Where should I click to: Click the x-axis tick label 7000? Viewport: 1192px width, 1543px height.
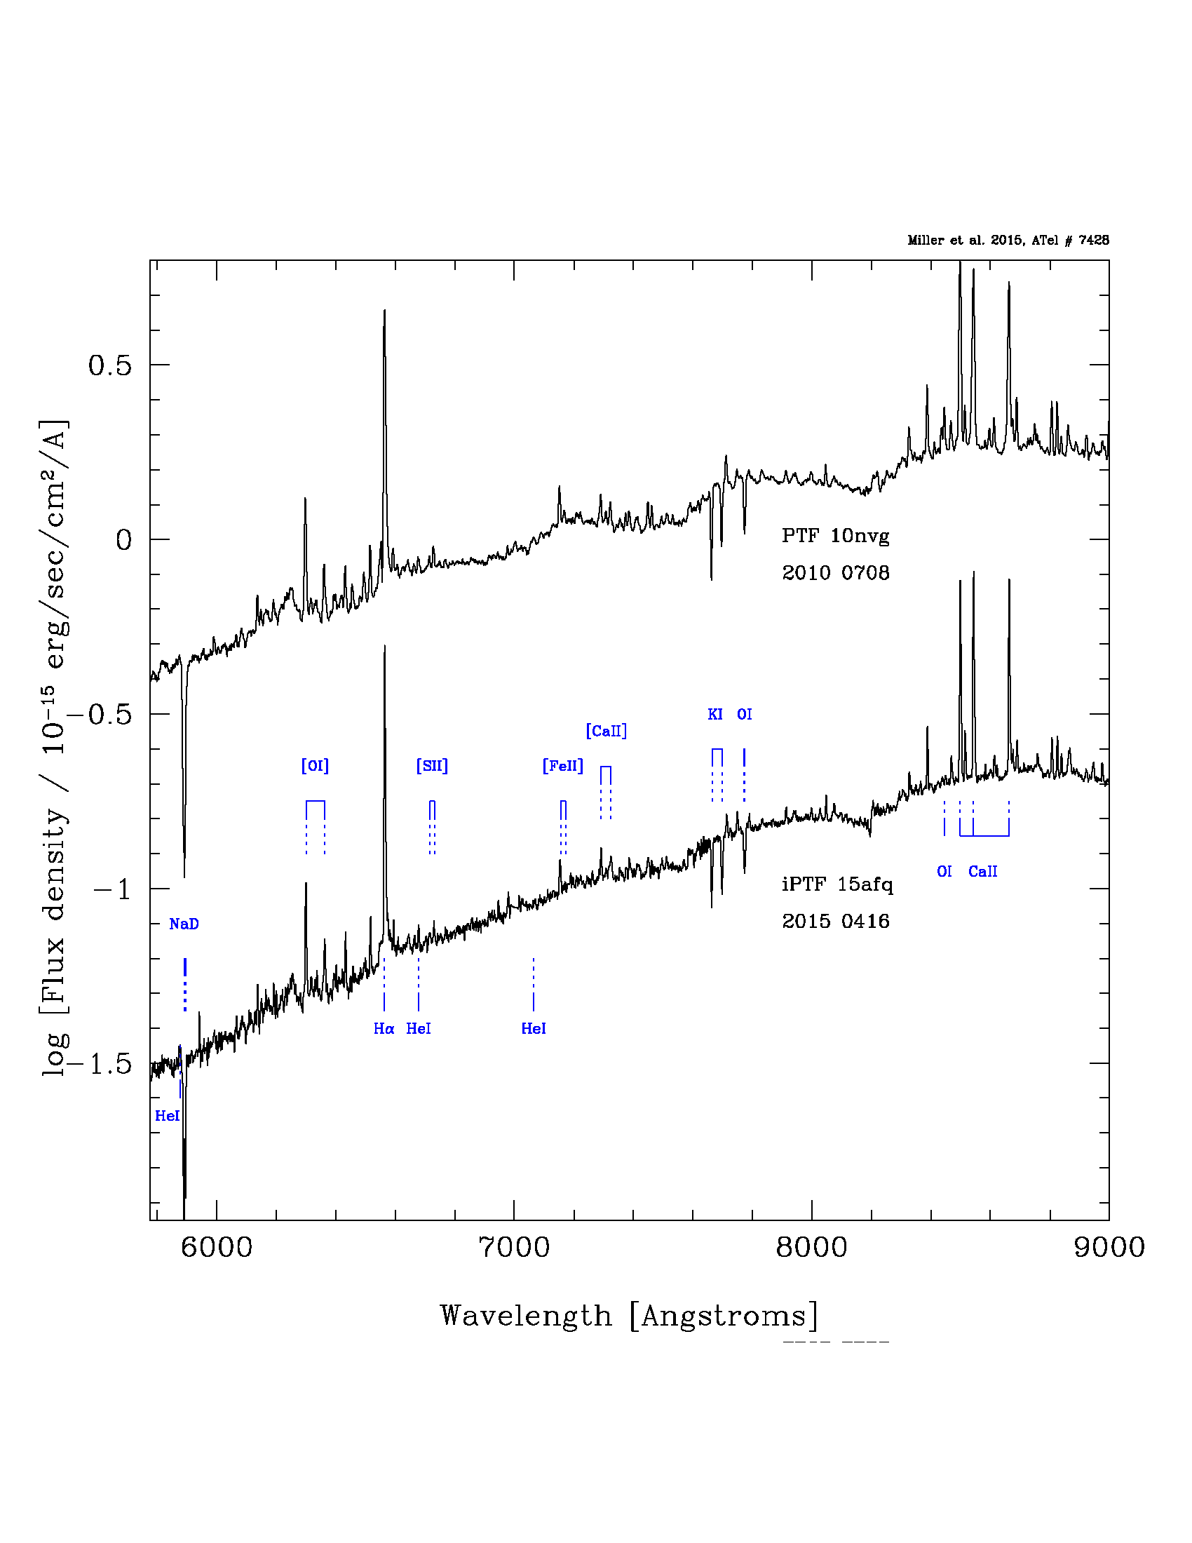(x=513, y=1247)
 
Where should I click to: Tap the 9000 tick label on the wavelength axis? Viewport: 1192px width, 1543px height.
(x=1109, y=1247)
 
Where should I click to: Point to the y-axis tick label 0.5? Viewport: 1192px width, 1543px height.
(x=109, y=365)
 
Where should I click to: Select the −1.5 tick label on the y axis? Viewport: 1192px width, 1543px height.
(x=101, y=1063)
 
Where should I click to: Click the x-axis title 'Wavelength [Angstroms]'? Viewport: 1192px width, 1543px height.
(x=628, y=1316)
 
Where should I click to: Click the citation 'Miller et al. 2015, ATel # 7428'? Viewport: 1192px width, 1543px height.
(x=1008, y=240)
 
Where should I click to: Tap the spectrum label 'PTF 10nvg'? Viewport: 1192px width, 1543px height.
(x=835, y=536)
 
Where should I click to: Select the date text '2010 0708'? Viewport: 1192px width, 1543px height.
(x=835, y=572)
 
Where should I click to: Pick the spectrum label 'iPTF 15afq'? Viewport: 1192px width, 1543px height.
(x=837, y=884)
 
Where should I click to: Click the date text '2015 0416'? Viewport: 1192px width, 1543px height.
(x=835, y=922)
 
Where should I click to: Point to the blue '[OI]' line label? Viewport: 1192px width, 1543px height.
(x=315, y=765)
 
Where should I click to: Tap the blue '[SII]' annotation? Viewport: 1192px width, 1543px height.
(x=432, y=765)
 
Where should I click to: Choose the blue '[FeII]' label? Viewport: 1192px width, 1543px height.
(x=563, y=765)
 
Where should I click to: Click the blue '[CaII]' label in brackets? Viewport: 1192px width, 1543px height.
(x=606, y=731)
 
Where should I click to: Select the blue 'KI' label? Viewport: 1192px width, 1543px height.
(x=715, y=714)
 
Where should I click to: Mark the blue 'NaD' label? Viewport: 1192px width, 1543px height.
(x=184, y=924)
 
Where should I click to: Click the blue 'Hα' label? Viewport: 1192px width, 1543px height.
(x=384, y=1029)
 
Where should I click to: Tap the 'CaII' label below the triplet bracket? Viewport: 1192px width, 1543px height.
(x=982, y=872)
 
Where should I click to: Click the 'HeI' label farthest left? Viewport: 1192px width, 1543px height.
(x=168, y=1116)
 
